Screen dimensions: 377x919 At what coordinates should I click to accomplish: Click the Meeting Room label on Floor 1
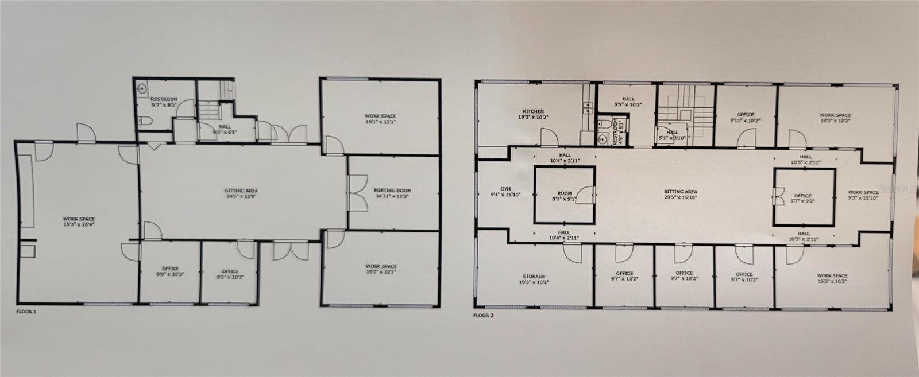click(392, 191)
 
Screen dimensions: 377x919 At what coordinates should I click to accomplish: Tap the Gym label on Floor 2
click(505, 188)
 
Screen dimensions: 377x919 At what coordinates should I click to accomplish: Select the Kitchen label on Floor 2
click(533, 111)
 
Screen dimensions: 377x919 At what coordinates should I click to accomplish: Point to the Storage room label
click(534, 277)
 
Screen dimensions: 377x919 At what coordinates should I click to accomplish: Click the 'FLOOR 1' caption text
click(26, 312)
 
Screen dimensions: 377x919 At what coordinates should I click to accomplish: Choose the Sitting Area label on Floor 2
click(681, 192)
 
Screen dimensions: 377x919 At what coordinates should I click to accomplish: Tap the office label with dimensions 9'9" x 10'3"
click(170, 271)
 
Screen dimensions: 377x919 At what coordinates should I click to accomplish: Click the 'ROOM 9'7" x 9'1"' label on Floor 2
click(565, 197)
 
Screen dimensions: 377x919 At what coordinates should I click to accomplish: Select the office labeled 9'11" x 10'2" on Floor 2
click(746, 118)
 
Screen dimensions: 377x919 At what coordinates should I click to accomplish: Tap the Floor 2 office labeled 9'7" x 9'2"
click(802, 198)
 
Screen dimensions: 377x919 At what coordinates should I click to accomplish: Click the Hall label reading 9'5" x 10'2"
click(628, 102)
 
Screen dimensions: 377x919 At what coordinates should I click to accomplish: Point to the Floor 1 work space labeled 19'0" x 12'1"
click(381, 269)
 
